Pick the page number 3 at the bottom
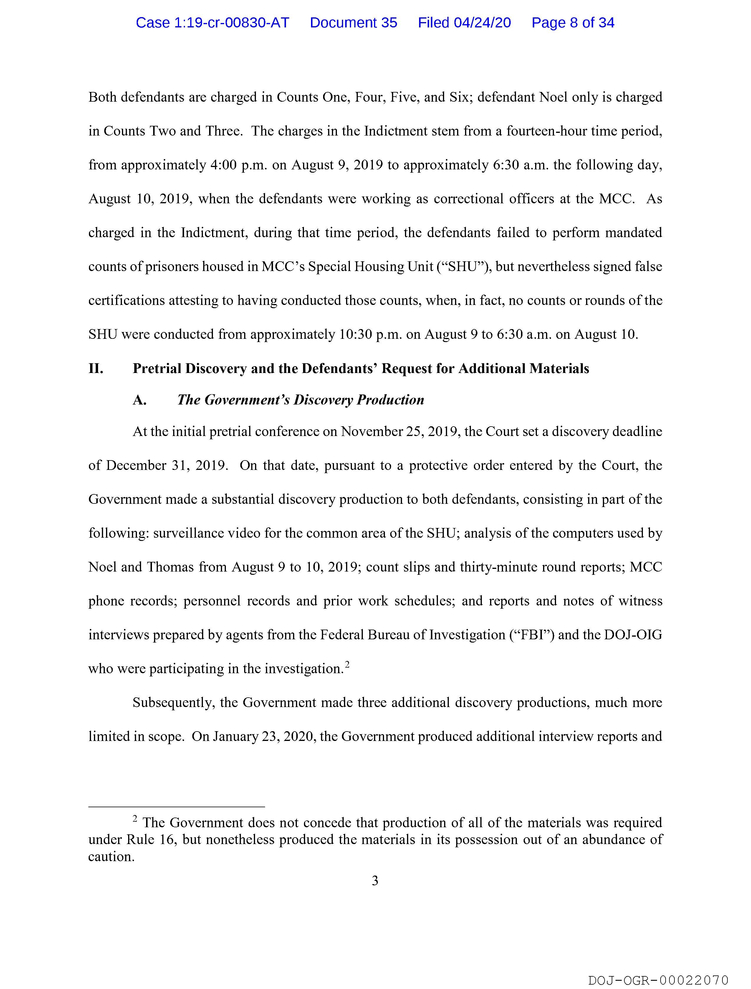coord(375,881)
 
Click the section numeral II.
coord(96,369)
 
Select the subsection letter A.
coord(140,400)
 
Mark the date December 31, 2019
coord(167,466)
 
